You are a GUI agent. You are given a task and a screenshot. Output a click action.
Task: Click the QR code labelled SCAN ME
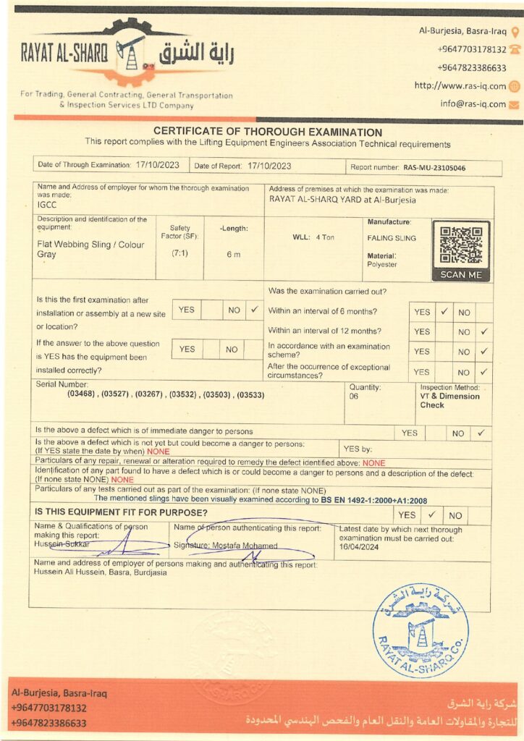(461, 245)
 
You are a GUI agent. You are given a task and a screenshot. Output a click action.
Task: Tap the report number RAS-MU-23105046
(434, 167)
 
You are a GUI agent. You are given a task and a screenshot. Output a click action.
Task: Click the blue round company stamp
(421, 630)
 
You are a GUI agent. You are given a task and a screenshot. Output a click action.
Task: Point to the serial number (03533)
(249, 394)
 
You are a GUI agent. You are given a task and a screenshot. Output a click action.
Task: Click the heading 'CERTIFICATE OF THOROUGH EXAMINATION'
(268, 132)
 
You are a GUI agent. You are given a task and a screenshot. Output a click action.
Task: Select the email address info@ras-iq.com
(473, 103)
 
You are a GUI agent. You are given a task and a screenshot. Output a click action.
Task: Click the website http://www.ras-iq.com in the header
(460, 85)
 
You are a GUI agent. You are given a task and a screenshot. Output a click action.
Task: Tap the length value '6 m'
(233, 254)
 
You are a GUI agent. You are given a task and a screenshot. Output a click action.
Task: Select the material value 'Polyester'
(382, 265)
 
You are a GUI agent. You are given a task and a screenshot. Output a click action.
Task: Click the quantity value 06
(354, 397)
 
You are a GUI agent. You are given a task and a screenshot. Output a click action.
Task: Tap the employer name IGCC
(47, 205)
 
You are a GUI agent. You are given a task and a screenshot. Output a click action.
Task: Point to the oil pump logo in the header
(131, 51)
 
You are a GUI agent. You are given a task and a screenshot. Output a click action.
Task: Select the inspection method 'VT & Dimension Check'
(449, 400)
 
